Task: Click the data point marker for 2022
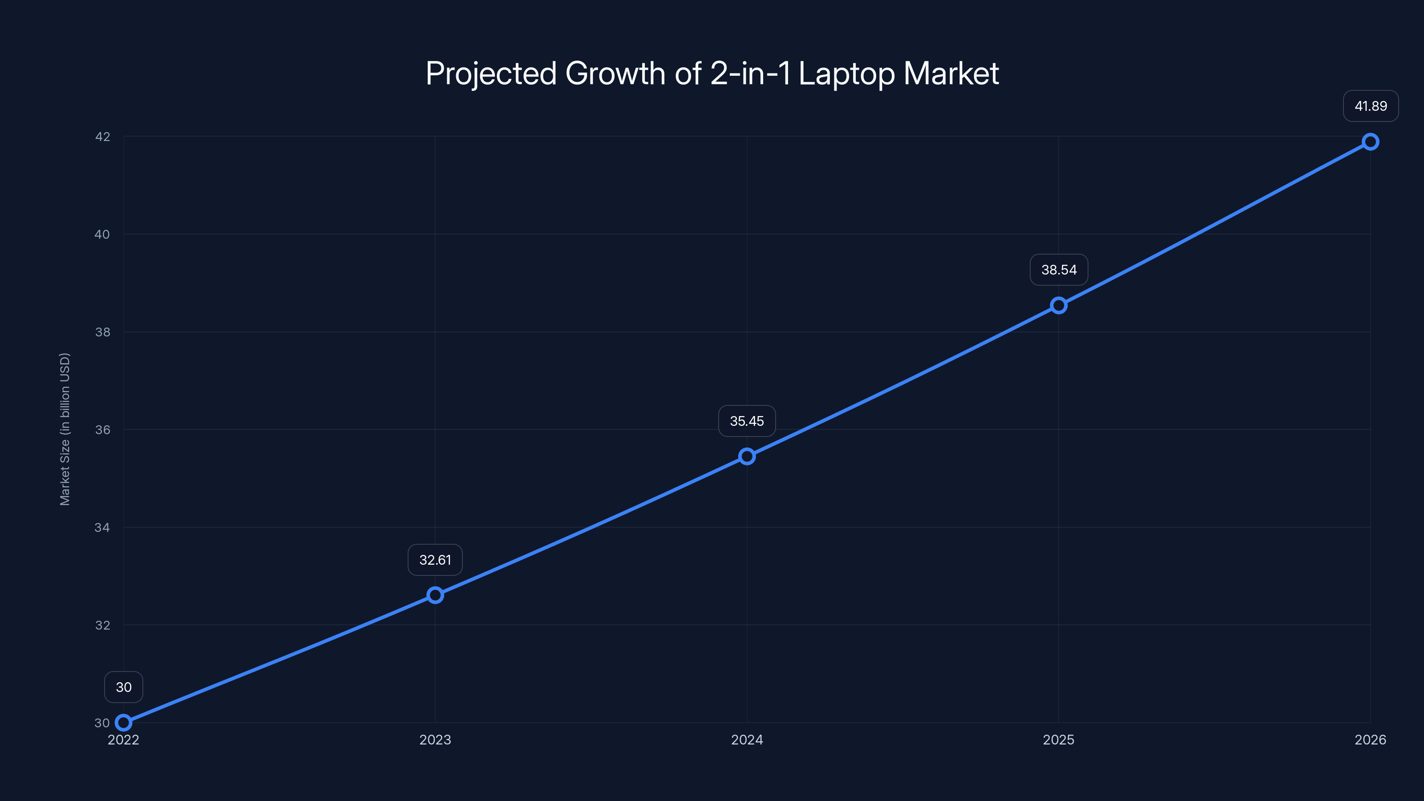123,723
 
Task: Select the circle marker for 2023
435,595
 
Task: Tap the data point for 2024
747,457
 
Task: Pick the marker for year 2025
1059,306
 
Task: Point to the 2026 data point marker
1371,142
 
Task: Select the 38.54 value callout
1059,270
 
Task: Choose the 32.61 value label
435,560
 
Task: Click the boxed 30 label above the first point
123,687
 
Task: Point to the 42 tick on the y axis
102,137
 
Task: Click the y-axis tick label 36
102,429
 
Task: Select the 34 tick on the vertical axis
102,527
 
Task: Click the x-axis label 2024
747,740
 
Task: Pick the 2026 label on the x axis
1371,740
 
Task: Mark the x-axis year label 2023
435,740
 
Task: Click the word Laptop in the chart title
846,74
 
